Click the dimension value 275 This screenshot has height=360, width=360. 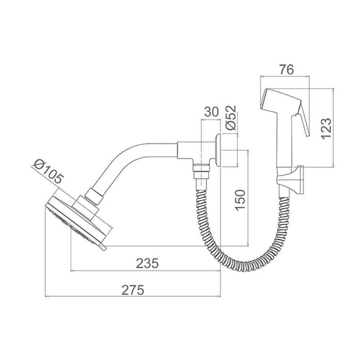point(133,290)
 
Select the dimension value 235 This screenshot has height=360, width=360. point(147,264)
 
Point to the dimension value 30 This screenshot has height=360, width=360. point(211,112)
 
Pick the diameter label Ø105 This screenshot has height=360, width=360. point(48,171)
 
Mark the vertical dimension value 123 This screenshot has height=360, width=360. point(326,129)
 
